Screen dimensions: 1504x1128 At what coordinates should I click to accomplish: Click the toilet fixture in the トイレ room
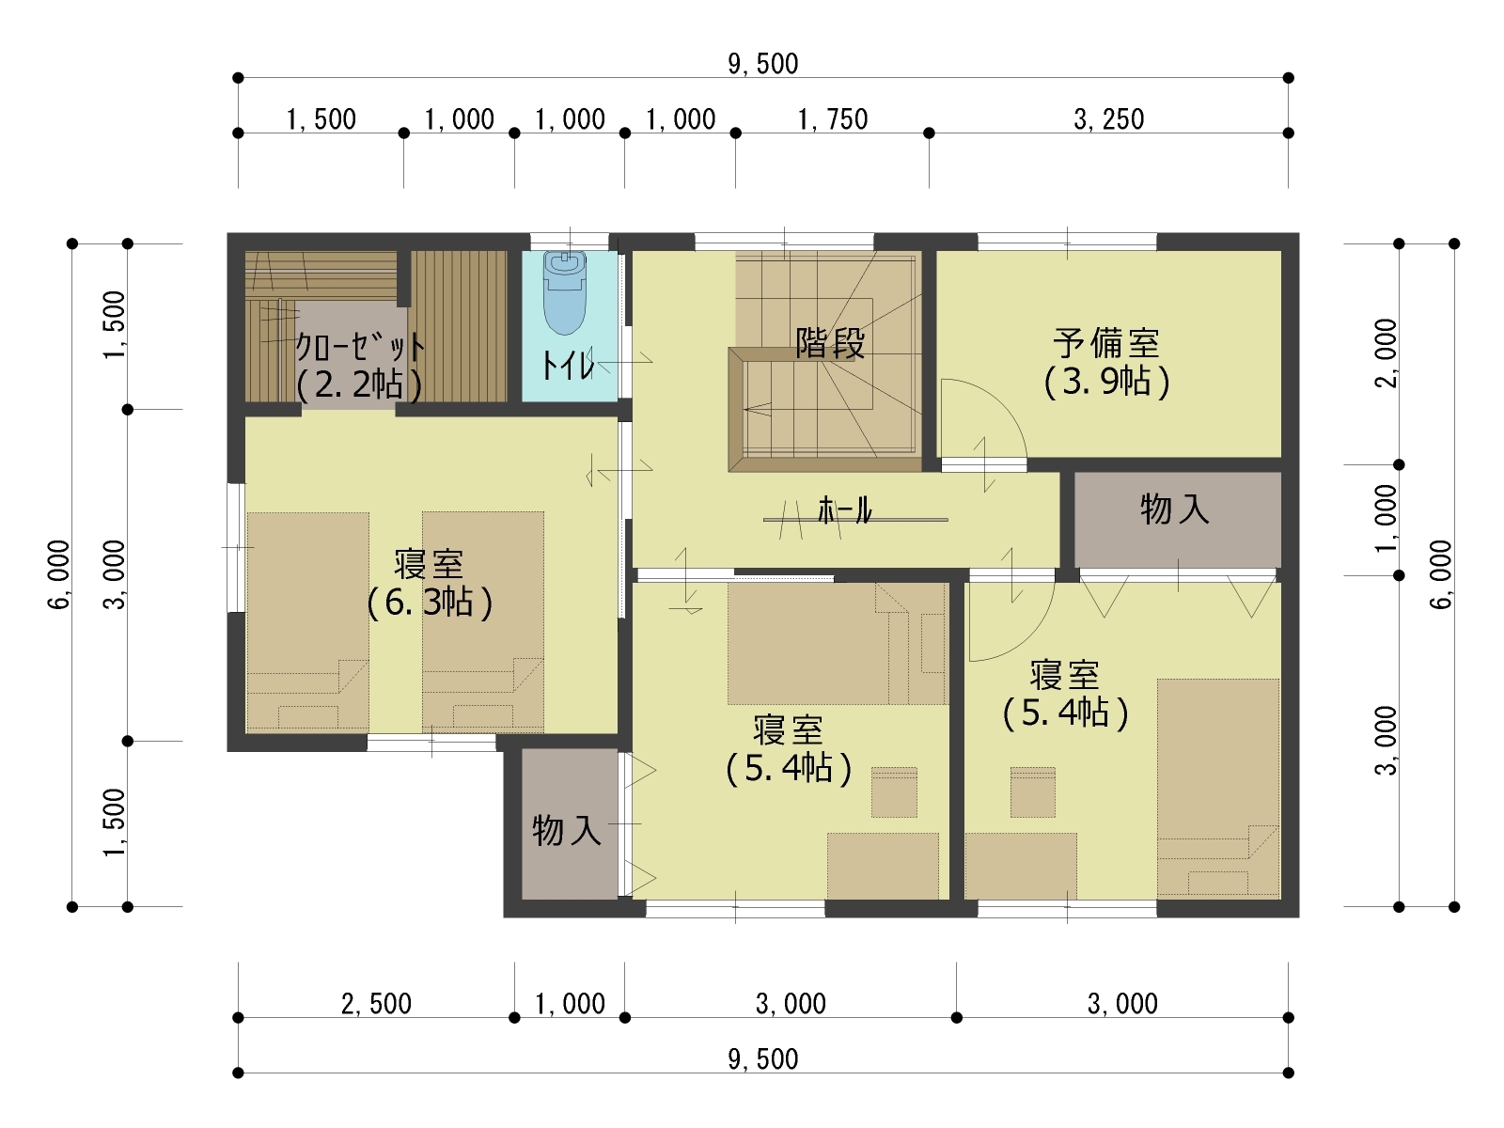click(565, 292)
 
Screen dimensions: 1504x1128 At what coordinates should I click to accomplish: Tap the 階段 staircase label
click(830, 343)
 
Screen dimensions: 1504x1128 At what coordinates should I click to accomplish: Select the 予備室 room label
click(1105, 343)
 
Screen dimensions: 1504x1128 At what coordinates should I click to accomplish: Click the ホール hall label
click(845, 510)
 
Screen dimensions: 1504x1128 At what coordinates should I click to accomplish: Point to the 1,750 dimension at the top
click(833, 120)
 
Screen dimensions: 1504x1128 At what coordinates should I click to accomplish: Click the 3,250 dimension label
click(1108, 120)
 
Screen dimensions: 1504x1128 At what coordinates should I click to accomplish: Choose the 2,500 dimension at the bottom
click(376, 1004)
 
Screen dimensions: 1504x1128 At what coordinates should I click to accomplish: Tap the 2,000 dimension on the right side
click(1386, 353)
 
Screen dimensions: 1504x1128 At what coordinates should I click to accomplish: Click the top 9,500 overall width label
click(762, 64)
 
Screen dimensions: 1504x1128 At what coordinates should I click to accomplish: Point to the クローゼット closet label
click(360, 348)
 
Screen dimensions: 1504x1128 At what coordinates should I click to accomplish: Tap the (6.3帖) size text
click(430, 603)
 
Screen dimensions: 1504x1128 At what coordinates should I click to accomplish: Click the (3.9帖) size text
click(1106, 383)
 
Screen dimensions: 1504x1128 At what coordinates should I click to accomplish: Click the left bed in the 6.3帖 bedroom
click(307, 621)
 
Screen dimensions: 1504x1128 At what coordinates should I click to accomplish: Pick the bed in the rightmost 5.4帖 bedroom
click(1218, 789)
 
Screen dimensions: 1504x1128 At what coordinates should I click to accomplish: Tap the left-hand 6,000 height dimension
click(59, 574)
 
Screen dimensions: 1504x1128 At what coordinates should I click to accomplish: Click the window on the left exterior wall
click(236, 548)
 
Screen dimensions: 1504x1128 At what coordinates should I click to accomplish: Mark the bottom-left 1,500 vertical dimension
click(115, 823)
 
